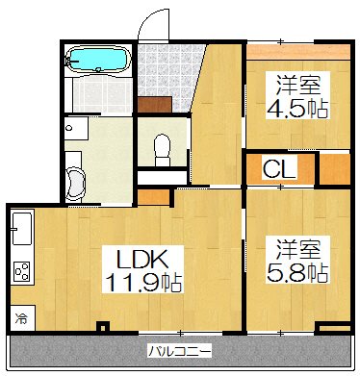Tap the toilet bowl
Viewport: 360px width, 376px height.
[162, 147]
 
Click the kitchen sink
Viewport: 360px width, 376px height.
[21, 231]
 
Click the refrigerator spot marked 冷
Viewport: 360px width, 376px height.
[20, 314]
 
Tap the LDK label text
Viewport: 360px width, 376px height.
[142, 258]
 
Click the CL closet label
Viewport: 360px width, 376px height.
[280, 171]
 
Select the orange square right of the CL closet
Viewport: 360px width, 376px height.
[332, 169]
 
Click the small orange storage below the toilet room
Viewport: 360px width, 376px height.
[151, 196]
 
